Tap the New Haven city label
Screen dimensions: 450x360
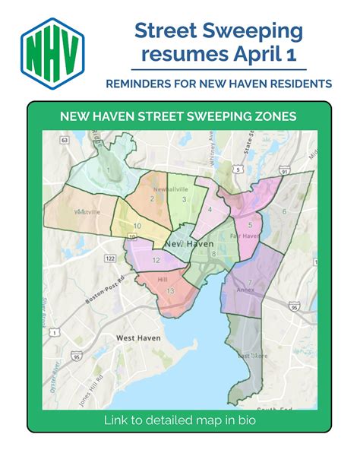coord(188,242)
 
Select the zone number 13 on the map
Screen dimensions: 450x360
coord(170,291)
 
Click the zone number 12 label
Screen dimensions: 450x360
coord(156,260)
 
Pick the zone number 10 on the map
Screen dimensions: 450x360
coord(137,226)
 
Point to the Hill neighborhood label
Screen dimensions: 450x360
coord(161,279)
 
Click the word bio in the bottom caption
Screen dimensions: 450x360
coord(245,420)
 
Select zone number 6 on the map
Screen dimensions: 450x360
coord(284,211)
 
